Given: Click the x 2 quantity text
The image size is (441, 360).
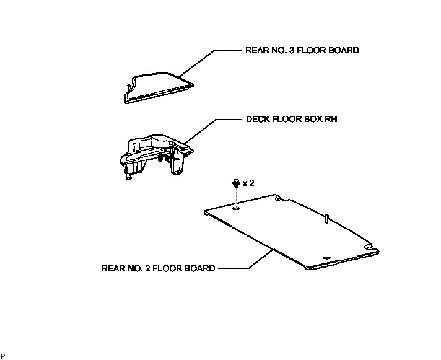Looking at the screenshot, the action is [x=248, y=183].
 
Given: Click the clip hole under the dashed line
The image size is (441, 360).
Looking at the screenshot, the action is [x=236, y=209].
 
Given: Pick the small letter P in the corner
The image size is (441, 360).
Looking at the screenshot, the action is [x=3, y=356].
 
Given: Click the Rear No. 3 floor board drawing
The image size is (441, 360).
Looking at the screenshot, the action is [x=158, y=87].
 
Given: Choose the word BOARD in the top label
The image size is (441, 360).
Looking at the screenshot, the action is [x=344, y=50].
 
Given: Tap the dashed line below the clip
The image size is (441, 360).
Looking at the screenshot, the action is [x=236, y=197].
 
